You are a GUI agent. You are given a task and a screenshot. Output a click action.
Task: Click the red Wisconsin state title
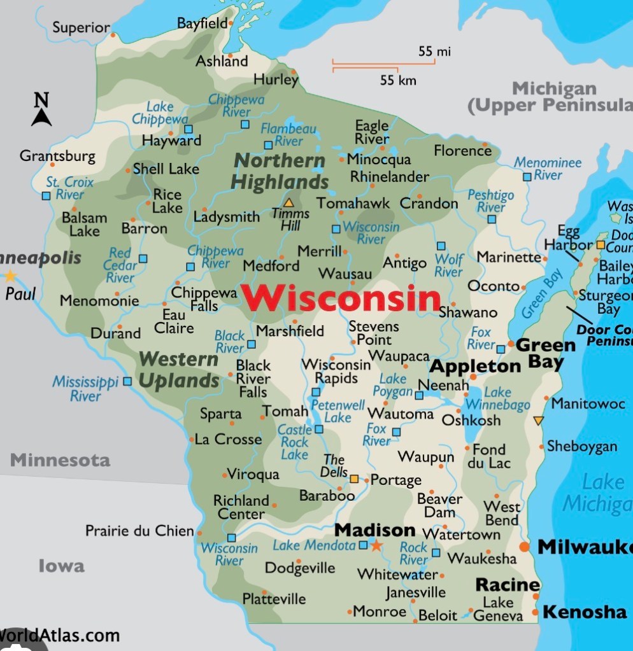pyautogui.click(x=341, y=297)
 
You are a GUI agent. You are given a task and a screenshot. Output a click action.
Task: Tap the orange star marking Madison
pyautogui.click(x=376, y=545)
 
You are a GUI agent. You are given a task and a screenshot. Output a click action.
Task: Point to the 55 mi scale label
pyautogui.click(x=434, y=52)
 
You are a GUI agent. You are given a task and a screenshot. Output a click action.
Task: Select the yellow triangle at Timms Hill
pyautogui.click(x=288, y=203)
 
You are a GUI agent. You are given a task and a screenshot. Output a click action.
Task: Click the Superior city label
pyautogui.click(x=81, y=27)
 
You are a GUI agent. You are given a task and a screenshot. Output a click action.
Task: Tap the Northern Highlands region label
pyautogui.click(x=280, y=172)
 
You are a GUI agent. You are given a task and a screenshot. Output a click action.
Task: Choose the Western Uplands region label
pyautogui.click(x=179, y=370)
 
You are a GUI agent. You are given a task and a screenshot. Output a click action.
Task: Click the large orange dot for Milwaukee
pyautogui.click(x=525, y=547)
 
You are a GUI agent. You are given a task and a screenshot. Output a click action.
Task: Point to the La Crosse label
pyautogui.click(x=228, y=439)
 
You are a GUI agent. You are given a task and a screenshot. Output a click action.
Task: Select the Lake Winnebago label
pyautogui.click(x=497, y=398)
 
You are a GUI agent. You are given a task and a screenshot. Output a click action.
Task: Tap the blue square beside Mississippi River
pyautogui.click(x=127, y=381)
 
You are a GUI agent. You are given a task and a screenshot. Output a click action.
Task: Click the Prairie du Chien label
pyautogui.click(x=139, y=530)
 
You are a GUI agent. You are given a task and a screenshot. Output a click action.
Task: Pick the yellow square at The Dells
pyautogui.click(x=354, y=479)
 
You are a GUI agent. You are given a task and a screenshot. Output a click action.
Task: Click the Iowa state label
pyautogui.click(x=61, y=566)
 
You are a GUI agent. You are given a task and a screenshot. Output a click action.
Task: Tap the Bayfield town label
pyautogui.click(x=202, y=24)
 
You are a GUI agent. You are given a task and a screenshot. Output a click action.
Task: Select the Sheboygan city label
pyautogui.click(x=582, y=446)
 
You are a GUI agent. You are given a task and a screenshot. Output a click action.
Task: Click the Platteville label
pyautogui.click(x=274, y=599)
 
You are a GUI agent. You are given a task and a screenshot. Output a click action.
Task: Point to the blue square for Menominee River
pyautogui.click(x=527, y=177)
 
